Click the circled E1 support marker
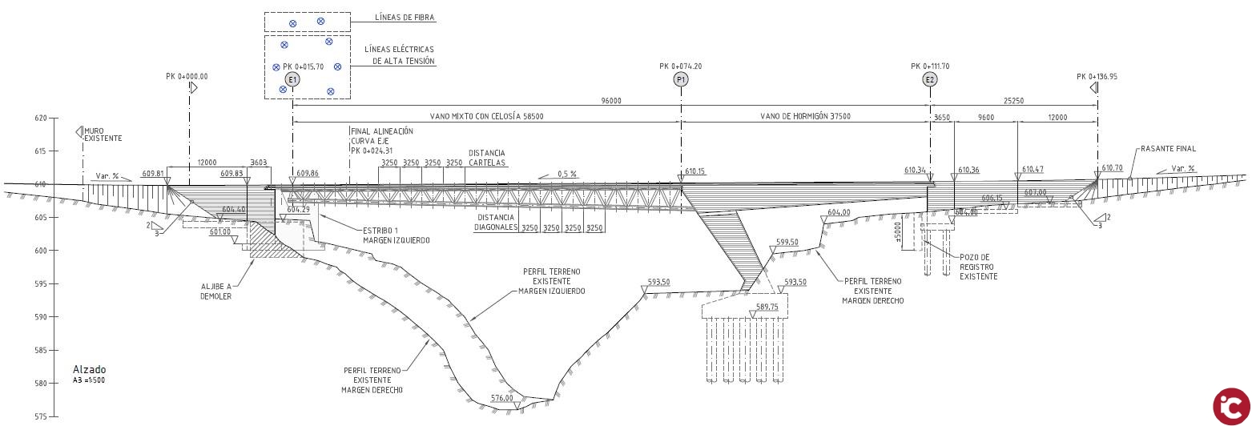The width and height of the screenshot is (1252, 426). pos(292,79)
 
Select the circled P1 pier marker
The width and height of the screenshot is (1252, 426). pos(681,79)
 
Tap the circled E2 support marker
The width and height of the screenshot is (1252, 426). pos(930,79)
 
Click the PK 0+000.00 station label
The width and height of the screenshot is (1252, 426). pos(187,76)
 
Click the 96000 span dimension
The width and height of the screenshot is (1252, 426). pos(610,101)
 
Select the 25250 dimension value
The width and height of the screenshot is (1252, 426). pos(1013,101)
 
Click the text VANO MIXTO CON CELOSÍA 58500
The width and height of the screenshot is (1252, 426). pos(486,116)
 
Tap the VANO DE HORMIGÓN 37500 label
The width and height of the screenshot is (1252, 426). pos(805,116)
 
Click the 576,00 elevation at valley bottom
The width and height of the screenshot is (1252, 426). pos(501,398)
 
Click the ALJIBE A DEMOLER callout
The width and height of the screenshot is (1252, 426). pos(215,291)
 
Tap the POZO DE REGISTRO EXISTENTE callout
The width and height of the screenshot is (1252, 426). pos(978,267)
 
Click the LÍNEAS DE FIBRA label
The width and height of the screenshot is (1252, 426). pos(405,17)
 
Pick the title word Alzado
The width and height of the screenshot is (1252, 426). pos(89,369)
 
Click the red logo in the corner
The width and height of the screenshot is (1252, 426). pos(1230,405)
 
